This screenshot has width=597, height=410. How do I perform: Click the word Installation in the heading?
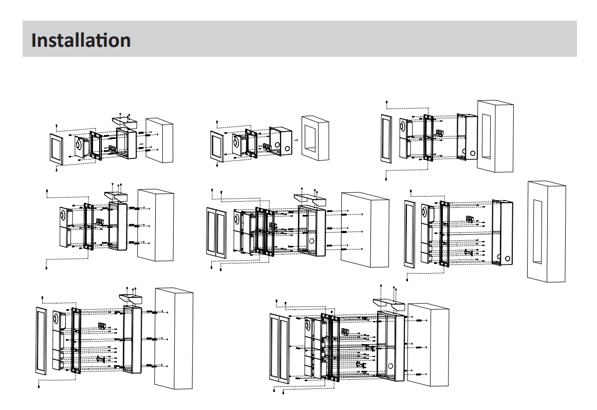81,40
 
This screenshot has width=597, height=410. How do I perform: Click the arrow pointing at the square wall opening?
295,139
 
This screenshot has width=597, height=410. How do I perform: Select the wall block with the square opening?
315,137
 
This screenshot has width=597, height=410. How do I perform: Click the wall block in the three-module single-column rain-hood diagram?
174,338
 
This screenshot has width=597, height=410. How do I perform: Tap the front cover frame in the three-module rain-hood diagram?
41,340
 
